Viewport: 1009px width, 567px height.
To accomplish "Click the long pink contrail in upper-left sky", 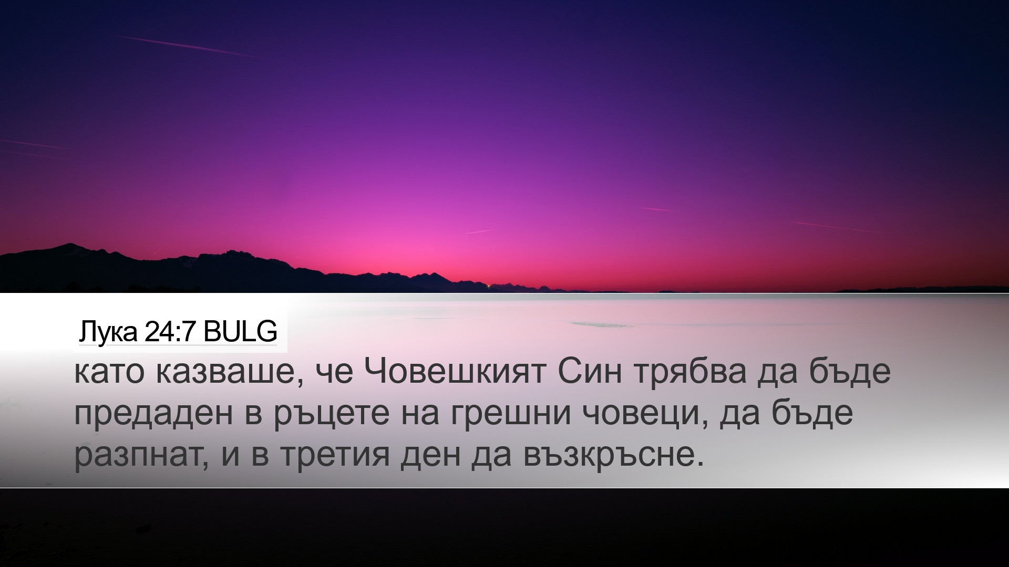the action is [x=187, y=46].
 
